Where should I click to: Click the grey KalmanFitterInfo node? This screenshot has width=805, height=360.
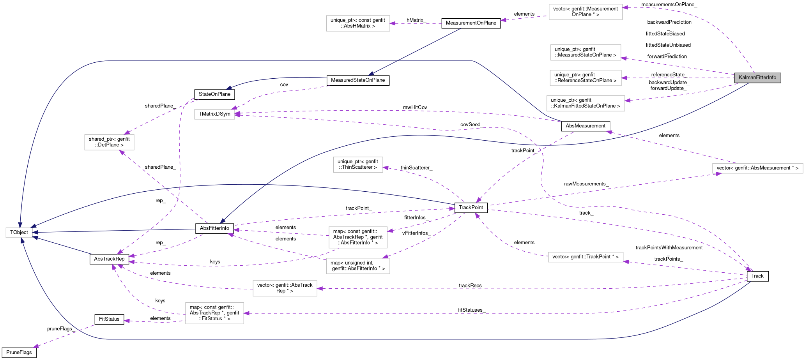point(757,78)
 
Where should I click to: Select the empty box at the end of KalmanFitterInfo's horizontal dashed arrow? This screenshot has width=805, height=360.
point(586,78)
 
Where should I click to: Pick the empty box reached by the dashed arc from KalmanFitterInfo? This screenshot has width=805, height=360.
point(586,12)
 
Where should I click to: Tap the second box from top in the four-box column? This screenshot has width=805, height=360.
point(586,53)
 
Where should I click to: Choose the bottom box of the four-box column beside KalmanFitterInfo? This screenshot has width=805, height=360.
point(586,103)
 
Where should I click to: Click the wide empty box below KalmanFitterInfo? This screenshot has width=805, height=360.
point(757,168)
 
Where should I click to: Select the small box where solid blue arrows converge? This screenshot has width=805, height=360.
point(19,233)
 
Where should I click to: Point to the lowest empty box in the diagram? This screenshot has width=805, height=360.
point(214,313)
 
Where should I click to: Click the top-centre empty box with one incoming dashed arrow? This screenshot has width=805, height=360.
point(358,23)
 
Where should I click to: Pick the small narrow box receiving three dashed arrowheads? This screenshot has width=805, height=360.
point(214,114)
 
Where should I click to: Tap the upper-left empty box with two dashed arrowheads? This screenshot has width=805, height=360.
point(109,142)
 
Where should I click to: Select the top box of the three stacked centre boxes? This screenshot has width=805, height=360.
point(358,165)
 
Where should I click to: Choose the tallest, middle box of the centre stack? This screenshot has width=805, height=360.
point(358,237)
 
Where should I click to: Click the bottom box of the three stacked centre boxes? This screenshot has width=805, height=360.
point(358,266)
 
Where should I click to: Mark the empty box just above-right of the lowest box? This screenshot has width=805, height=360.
point(285,288)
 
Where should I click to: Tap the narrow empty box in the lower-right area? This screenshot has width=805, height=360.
point(586,257)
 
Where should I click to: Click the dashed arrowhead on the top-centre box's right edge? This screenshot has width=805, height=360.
point(393,23)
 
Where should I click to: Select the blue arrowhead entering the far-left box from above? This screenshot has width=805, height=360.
point(20,224)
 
